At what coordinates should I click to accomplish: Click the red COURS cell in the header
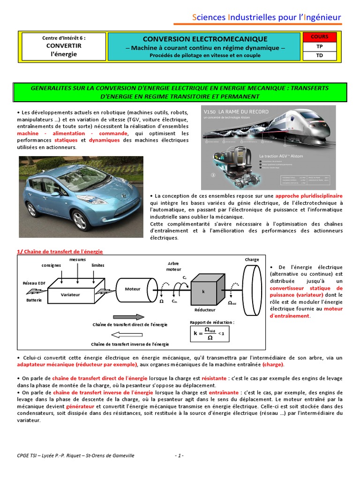click(319, 37)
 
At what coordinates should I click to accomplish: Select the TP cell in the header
click(319, 46)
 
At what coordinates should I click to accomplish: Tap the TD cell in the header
click(319, 56)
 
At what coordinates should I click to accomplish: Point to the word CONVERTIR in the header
click(63, 46)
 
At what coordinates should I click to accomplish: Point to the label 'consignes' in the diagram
click(51, 265)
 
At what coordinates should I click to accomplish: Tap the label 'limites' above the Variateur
click(98, 265)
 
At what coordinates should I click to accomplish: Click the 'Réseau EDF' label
click(34, 283)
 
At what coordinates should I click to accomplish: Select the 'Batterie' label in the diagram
click(34, 300)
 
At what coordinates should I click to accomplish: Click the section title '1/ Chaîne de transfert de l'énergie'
click(60, 252)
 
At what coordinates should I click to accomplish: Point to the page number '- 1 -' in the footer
click(179, 455)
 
